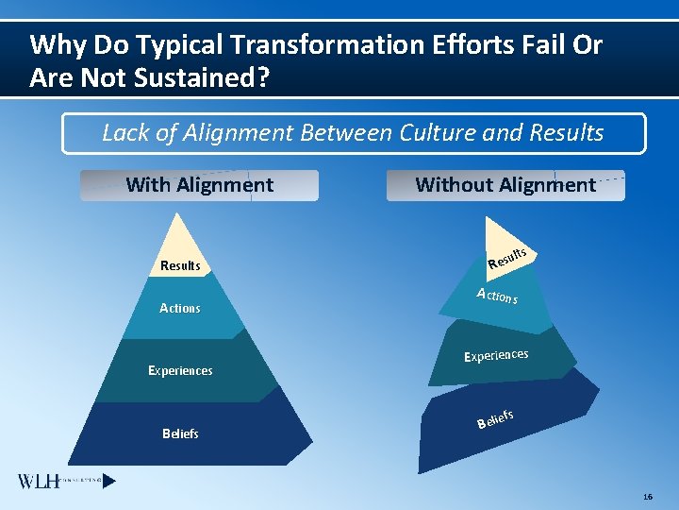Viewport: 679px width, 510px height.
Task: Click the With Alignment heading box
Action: pyautogui.click(x=199, y=185)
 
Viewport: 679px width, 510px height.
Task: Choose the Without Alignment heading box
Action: pyautogui.click(x=505, y=185)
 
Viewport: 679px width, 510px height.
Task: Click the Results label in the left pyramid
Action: pyautogui.click(x=180, y=266)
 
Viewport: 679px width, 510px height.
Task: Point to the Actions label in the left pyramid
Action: pyautogui.click(x=180, y=309)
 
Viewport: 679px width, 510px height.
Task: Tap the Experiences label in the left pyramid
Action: pyautogui.click(x=180, y=371)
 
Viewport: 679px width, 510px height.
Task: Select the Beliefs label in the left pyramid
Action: pyautogui.click(x=180, y=434)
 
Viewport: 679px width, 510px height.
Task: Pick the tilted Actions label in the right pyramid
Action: pyautogui.click(x=497, y=297)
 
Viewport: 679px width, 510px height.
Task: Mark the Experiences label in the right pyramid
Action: pyautogui.click(x=495, y=356)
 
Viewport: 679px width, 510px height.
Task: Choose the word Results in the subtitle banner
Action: pyautogui.click(x=565, y=132)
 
